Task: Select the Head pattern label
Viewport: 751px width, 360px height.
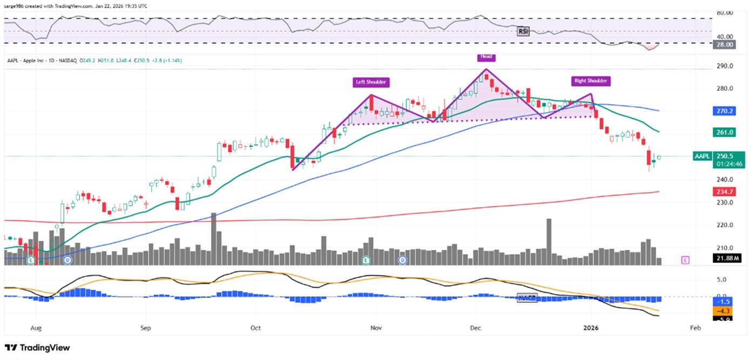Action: (x=485, y=56)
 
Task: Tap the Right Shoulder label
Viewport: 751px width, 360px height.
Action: (x=590, y=81)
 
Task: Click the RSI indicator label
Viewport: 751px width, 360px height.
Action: (x=523, y=31)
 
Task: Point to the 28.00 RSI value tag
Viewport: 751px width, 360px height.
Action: (x=725, y=45)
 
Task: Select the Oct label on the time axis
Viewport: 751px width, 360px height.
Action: (x=256, y=328)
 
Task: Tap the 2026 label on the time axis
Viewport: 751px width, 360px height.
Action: (x=591, y=328)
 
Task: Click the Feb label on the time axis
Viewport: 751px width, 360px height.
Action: (x=695, y=328)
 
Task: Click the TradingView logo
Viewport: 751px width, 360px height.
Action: (x=37, y=348)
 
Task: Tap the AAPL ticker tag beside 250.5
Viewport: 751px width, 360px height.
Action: (x=702, y=156)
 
